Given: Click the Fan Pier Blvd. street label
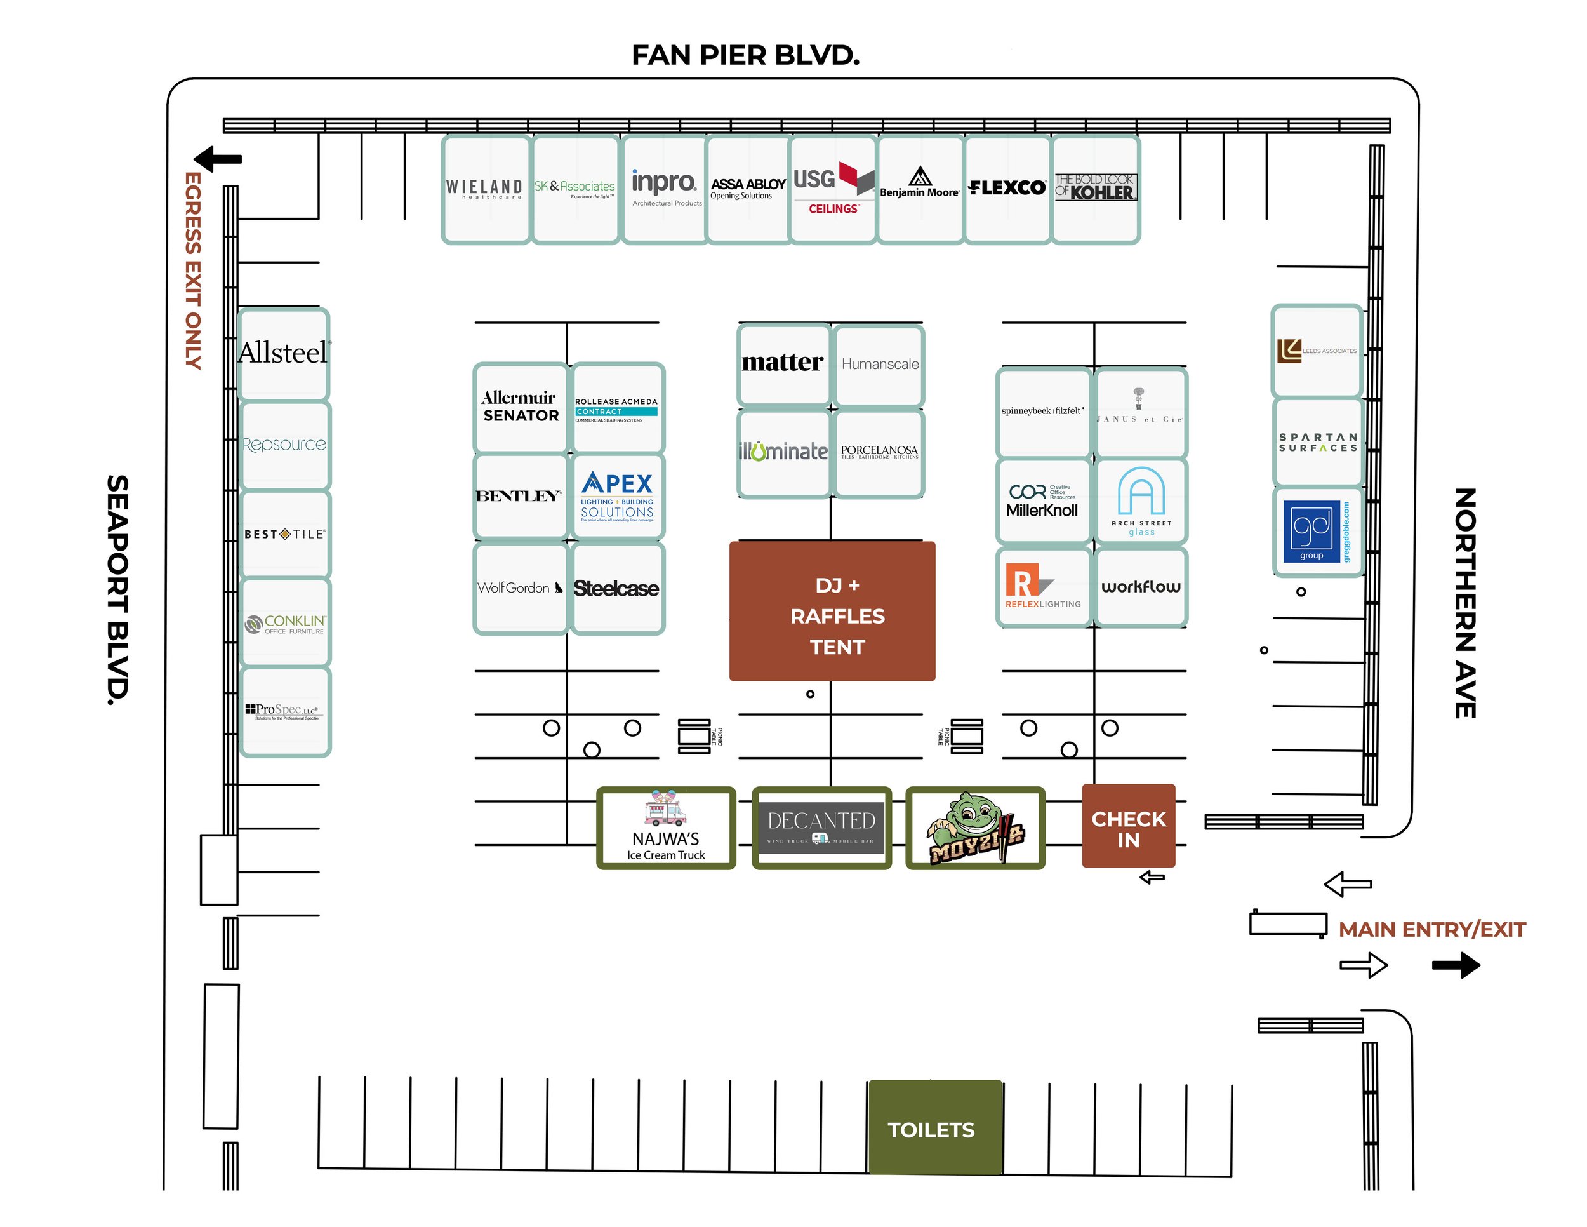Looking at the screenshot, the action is [745, 55].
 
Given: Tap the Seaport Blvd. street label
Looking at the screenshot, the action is [117, 589].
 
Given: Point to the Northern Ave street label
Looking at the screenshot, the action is [1465, 603].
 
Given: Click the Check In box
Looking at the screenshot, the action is [1128, 826].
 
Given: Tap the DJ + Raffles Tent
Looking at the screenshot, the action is [832, 612].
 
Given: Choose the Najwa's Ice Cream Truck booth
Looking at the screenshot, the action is [666, 829].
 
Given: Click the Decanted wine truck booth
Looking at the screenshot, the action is [821, 829].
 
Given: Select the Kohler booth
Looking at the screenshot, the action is [1095, 189].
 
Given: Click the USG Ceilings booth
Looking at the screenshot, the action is [833, 189].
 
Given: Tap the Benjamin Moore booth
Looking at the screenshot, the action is [920, 189].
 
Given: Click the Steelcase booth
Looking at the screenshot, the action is [616, 589].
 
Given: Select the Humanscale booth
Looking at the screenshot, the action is [879, 365].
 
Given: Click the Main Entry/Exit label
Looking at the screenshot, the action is [1431, 930].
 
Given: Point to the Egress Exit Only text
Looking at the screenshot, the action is [192, 271].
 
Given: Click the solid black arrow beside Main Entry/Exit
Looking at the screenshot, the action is [1456, 965].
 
